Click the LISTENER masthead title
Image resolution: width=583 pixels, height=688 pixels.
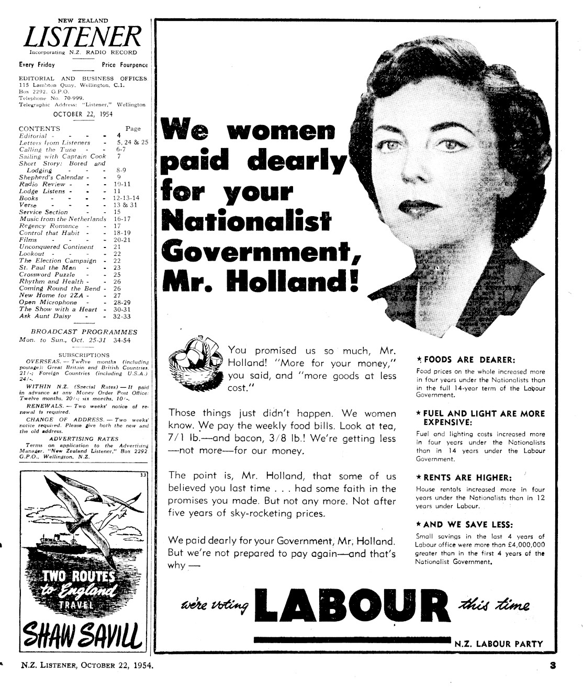[83, 37]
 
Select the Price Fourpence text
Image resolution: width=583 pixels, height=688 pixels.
[125, 65]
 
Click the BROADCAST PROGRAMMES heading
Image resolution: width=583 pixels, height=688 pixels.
[84, 332]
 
